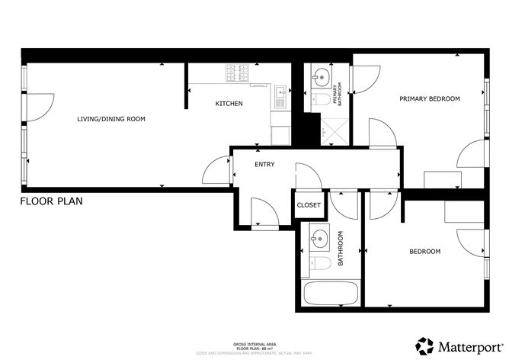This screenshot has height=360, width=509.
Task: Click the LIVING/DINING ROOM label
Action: click(110, 119)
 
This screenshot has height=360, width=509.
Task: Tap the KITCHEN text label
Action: click(229, 103)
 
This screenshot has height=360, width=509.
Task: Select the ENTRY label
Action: click(264, 164)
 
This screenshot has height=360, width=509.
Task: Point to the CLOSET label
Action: click(309, 204)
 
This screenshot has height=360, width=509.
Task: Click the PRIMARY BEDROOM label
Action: click(430, 99)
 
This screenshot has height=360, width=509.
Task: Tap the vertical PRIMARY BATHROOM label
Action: click(341, 94)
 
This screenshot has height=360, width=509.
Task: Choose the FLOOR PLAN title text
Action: click(51, 201)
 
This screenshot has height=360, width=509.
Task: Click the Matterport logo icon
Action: click(424, 344)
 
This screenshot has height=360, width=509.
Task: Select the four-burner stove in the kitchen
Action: click(238, 73)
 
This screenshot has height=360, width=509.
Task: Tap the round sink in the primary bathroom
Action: click(320, 76)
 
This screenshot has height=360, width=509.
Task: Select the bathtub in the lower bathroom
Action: click(331, 294)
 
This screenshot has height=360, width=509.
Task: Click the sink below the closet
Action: click(318, 239)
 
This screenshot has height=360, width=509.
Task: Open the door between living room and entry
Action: click(219, 169)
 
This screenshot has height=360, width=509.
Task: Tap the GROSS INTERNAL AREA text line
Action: click(254, 345)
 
